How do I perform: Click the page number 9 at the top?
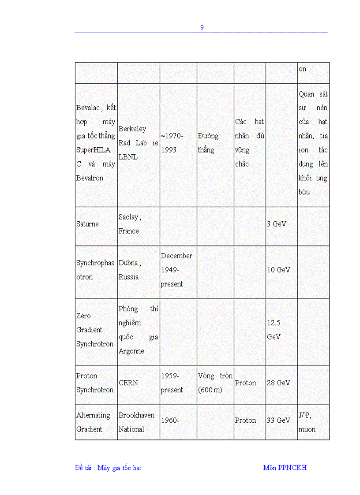202,27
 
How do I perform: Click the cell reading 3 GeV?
277,224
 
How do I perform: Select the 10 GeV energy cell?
278,270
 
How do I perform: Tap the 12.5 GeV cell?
274,330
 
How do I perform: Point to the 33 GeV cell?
278,421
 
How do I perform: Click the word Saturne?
87,224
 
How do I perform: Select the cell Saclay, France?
129,224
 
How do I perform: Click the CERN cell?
128,383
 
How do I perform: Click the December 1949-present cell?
176,270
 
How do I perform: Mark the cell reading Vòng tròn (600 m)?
215,383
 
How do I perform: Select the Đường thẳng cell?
208,143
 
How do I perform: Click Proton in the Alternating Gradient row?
245,421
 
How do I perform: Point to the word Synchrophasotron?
95,270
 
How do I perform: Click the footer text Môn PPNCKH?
285,468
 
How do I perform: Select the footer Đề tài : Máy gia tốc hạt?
108,468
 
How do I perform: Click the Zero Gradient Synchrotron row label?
95,330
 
